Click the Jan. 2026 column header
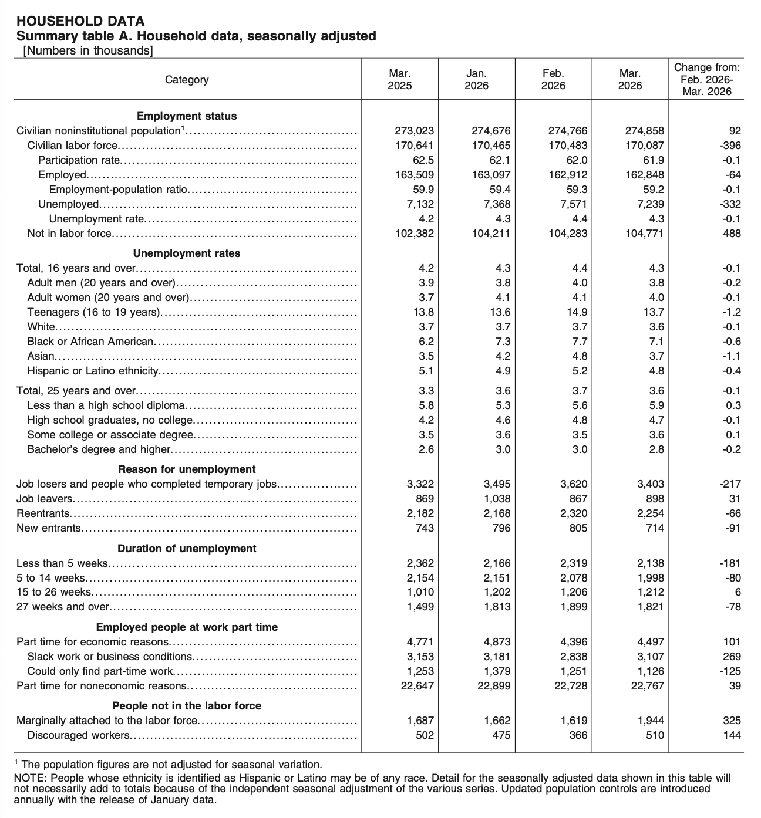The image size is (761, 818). (476, 79)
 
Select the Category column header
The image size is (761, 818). (187, 79)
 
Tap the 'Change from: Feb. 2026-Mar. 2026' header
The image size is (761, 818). (706, 79)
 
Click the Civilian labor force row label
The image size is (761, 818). (73, 146)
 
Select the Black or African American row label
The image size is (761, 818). (91, 342)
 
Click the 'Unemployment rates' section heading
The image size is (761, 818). (187, 253)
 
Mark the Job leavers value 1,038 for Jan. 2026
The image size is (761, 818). (497, 499)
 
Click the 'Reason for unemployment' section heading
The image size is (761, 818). (187, 469)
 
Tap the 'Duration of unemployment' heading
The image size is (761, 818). (187, 549)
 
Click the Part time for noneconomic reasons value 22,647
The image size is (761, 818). (417, 686)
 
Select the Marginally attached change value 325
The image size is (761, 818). (732, 721)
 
